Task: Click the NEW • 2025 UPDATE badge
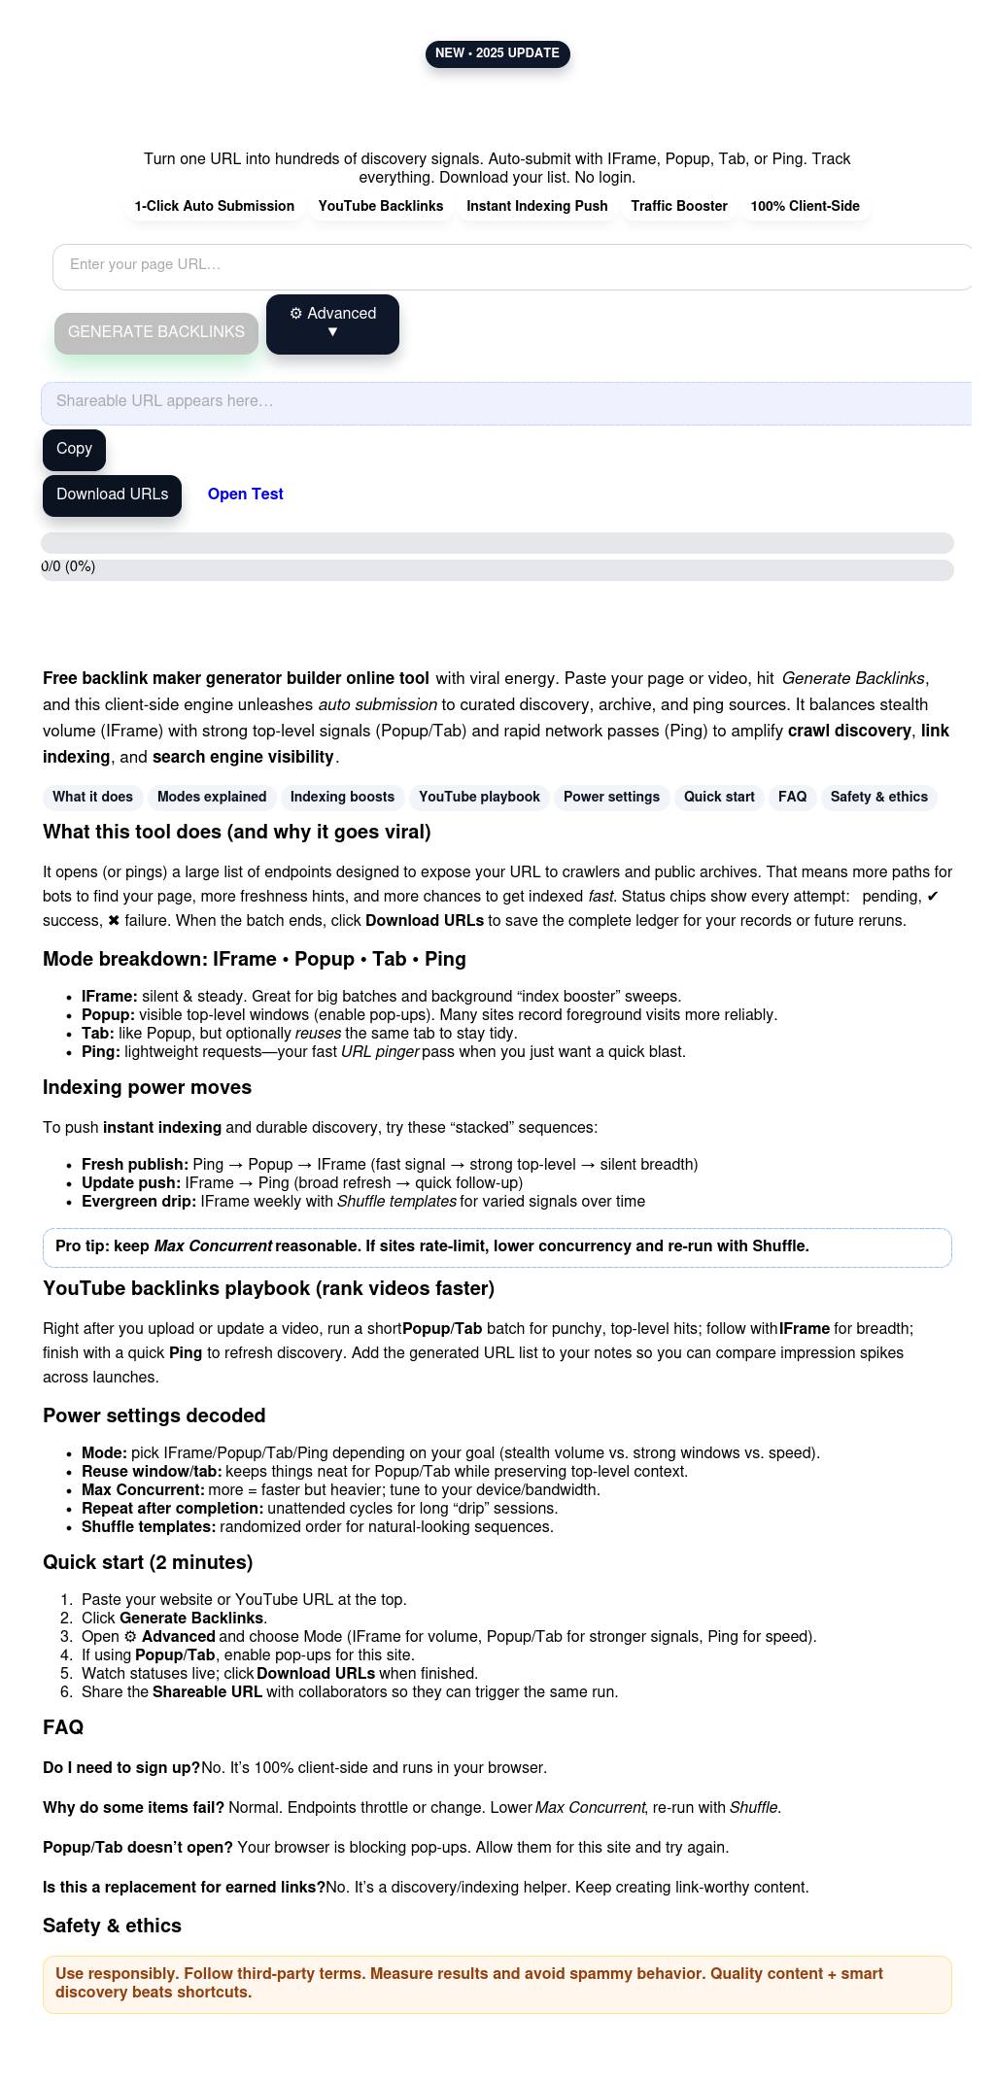click(x=497, y=53)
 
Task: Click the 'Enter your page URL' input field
click(x=512, y=266)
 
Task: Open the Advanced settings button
click(x=332, y=324)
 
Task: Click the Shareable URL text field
click(x=506, y=402)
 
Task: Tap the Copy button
click(x=74, y=449)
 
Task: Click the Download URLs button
click(x=112, y=494)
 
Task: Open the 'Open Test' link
click(x=245, y=494)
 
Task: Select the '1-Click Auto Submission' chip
click(x=215, y=206)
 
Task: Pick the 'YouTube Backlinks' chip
click(x=380, y=206)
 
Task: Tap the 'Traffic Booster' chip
click(x=678, y=206)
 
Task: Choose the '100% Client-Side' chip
click(x=805, y=206)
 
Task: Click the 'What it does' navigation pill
click(x=92, y=797)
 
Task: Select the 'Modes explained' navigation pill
click(x=212, y=797)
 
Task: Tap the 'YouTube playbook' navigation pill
click(x=479, y=797)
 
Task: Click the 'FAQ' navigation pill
click(x=792, y=797)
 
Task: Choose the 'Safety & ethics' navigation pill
click(x=878, y=797)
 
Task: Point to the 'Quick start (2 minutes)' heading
click(x=148, y=1562)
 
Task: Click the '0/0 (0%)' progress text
click(x=68, y=566)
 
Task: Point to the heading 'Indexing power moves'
click(x=147, y=1087)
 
